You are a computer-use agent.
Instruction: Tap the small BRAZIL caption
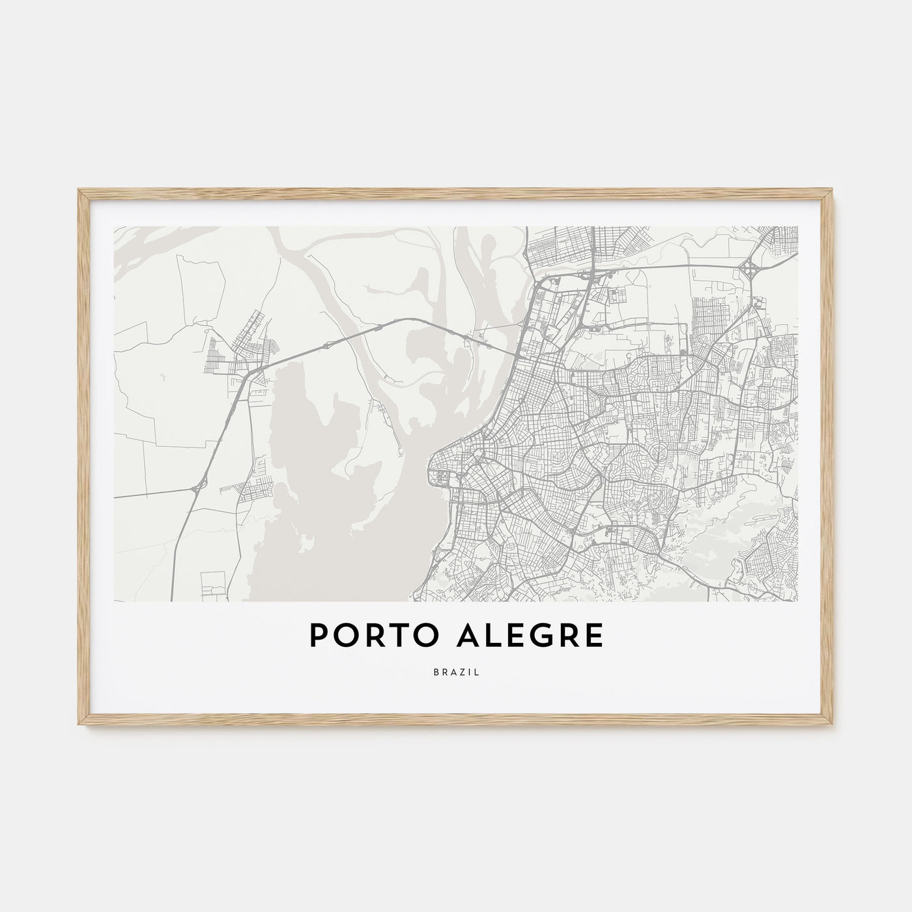(455, 673)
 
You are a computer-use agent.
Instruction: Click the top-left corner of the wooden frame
(79, 190)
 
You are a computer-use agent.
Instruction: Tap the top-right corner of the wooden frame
(833, 190)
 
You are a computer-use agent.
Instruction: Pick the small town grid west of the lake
(235, 355)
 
